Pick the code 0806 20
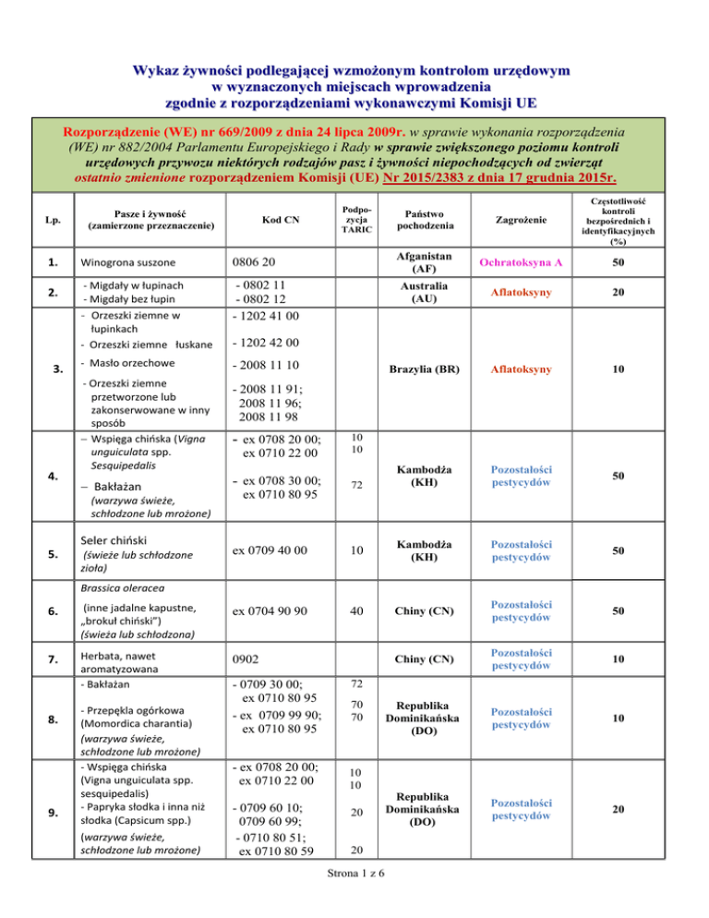tap(256, 265)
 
